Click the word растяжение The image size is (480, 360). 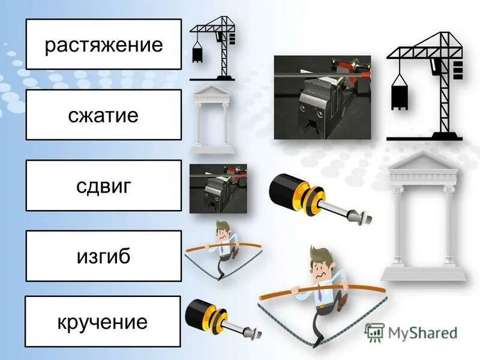103,45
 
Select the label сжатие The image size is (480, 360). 103,115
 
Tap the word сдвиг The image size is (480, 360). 103,186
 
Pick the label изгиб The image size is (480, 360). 103,256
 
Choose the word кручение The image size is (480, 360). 103,322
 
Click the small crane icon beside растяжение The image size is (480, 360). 214,48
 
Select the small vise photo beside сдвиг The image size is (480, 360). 218,188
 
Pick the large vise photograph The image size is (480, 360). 322,97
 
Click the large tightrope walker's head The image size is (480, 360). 323,263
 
